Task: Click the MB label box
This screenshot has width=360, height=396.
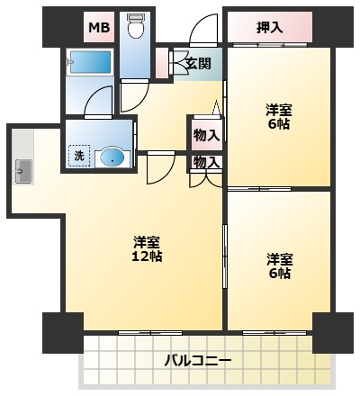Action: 99,27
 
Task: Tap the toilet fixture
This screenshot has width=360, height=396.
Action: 135,26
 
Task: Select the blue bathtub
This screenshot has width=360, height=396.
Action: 90,62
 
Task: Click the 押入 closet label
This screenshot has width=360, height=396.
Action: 270,28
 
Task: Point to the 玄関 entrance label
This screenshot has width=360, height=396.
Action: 198,63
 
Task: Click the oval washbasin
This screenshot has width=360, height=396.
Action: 112,157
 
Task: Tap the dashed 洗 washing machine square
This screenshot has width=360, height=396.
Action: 79,156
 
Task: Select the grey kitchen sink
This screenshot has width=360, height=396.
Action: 23,171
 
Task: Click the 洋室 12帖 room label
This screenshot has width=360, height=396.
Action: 147,248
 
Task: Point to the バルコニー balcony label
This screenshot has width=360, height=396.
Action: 198,361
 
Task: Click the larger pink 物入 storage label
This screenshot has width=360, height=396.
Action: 207,135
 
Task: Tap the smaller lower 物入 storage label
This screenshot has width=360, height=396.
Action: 207,162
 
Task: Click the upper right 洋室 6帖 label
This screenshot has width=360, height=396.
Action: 279,116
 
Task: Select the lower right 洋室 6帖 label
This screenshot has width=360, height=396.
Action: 280,265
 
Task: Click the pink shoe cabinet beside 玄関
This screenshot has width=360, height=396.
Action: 162,63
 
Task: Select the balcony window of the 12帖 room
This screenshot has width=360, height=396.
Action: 150,332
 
